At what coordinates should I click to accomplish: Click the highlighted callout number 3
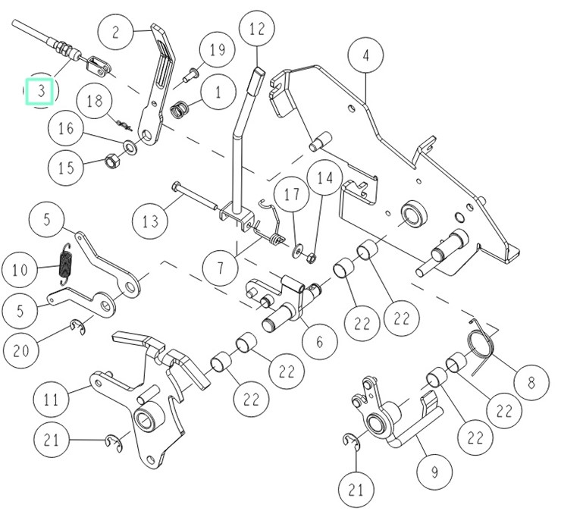tap(40, 91)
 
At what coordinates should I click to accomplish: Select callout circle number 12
tap(257, 30)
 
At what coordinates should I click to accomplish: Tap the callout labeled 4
tap(365, 56)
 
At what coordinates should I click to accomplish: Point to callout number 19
tap(217, 50)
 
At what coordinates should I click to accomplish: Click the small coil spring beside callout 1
tap(179, 109)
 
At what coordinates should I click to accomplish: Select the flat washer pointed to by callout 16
tap(131, 147)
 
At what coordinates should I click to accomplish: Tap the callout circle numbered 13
tap(149, 221)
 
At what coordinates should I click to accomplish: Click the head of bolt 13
tap(177, 187)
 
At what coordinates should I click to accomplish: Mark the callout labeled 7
tap(220, 268)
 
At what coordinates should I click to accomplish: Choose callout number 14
tap(325, 177)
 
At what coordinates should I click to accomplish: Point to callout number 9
tap(434, 472)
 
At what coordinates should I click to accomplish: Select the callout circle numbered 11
tap(51, 399)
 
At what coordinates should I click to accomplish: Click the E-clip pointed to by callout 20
tap(78, 326)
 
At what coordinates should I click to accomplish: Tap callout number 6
tap(319, 341)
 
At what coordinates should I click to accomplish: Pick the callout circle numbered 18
tap(95, 101)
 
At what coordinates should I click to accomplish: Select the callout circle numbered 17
tap(291, 194)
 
